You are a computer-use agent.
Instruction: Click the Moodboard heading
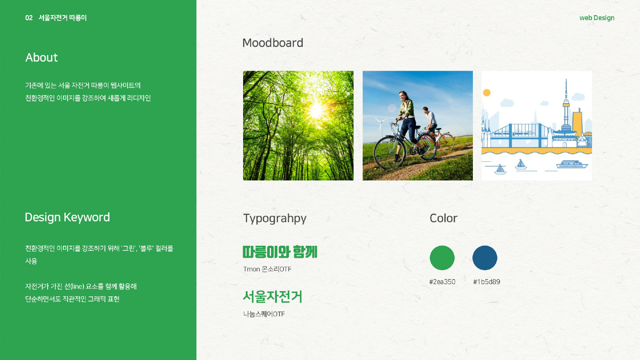pos(272,43)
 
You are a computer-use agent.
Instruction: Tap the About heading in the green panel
pos(41,58)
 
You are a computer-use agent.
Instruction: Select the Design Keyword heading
pos(67,217)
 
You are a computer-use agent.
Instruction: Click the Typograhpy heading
pos(274,218)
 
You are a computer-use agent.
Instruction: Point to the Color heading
pos(443,218)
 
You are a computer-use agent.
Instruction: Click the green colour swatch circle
pos(442,258)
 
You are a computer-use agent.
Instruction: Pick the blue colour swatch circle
pos(484,258)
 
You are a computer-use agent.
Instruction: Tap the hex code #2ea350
pos(442,282)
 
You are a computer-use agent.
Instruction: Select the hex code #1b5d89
pos(486,282)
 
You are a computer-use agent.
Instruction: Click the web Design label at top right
pos(596,18)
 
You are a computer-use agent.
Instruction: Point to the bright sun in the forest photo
pos(316,109)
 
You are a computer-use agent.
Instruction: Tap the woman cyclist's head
pos(404,96)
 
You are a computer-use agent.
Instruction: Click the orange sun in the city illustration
pos(487,92)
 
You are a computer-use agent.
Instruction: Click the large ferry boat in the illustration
pos(572,164)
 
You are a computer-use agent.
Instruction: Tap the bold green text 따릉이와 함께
pos(280,252)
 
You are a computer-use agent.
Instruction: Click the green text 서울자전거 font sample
pos(272,296)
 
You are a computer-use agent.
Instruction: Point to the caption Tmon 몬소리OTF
pos(267,269)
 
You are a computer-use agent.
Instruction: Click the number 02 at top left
pos(29,18)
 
